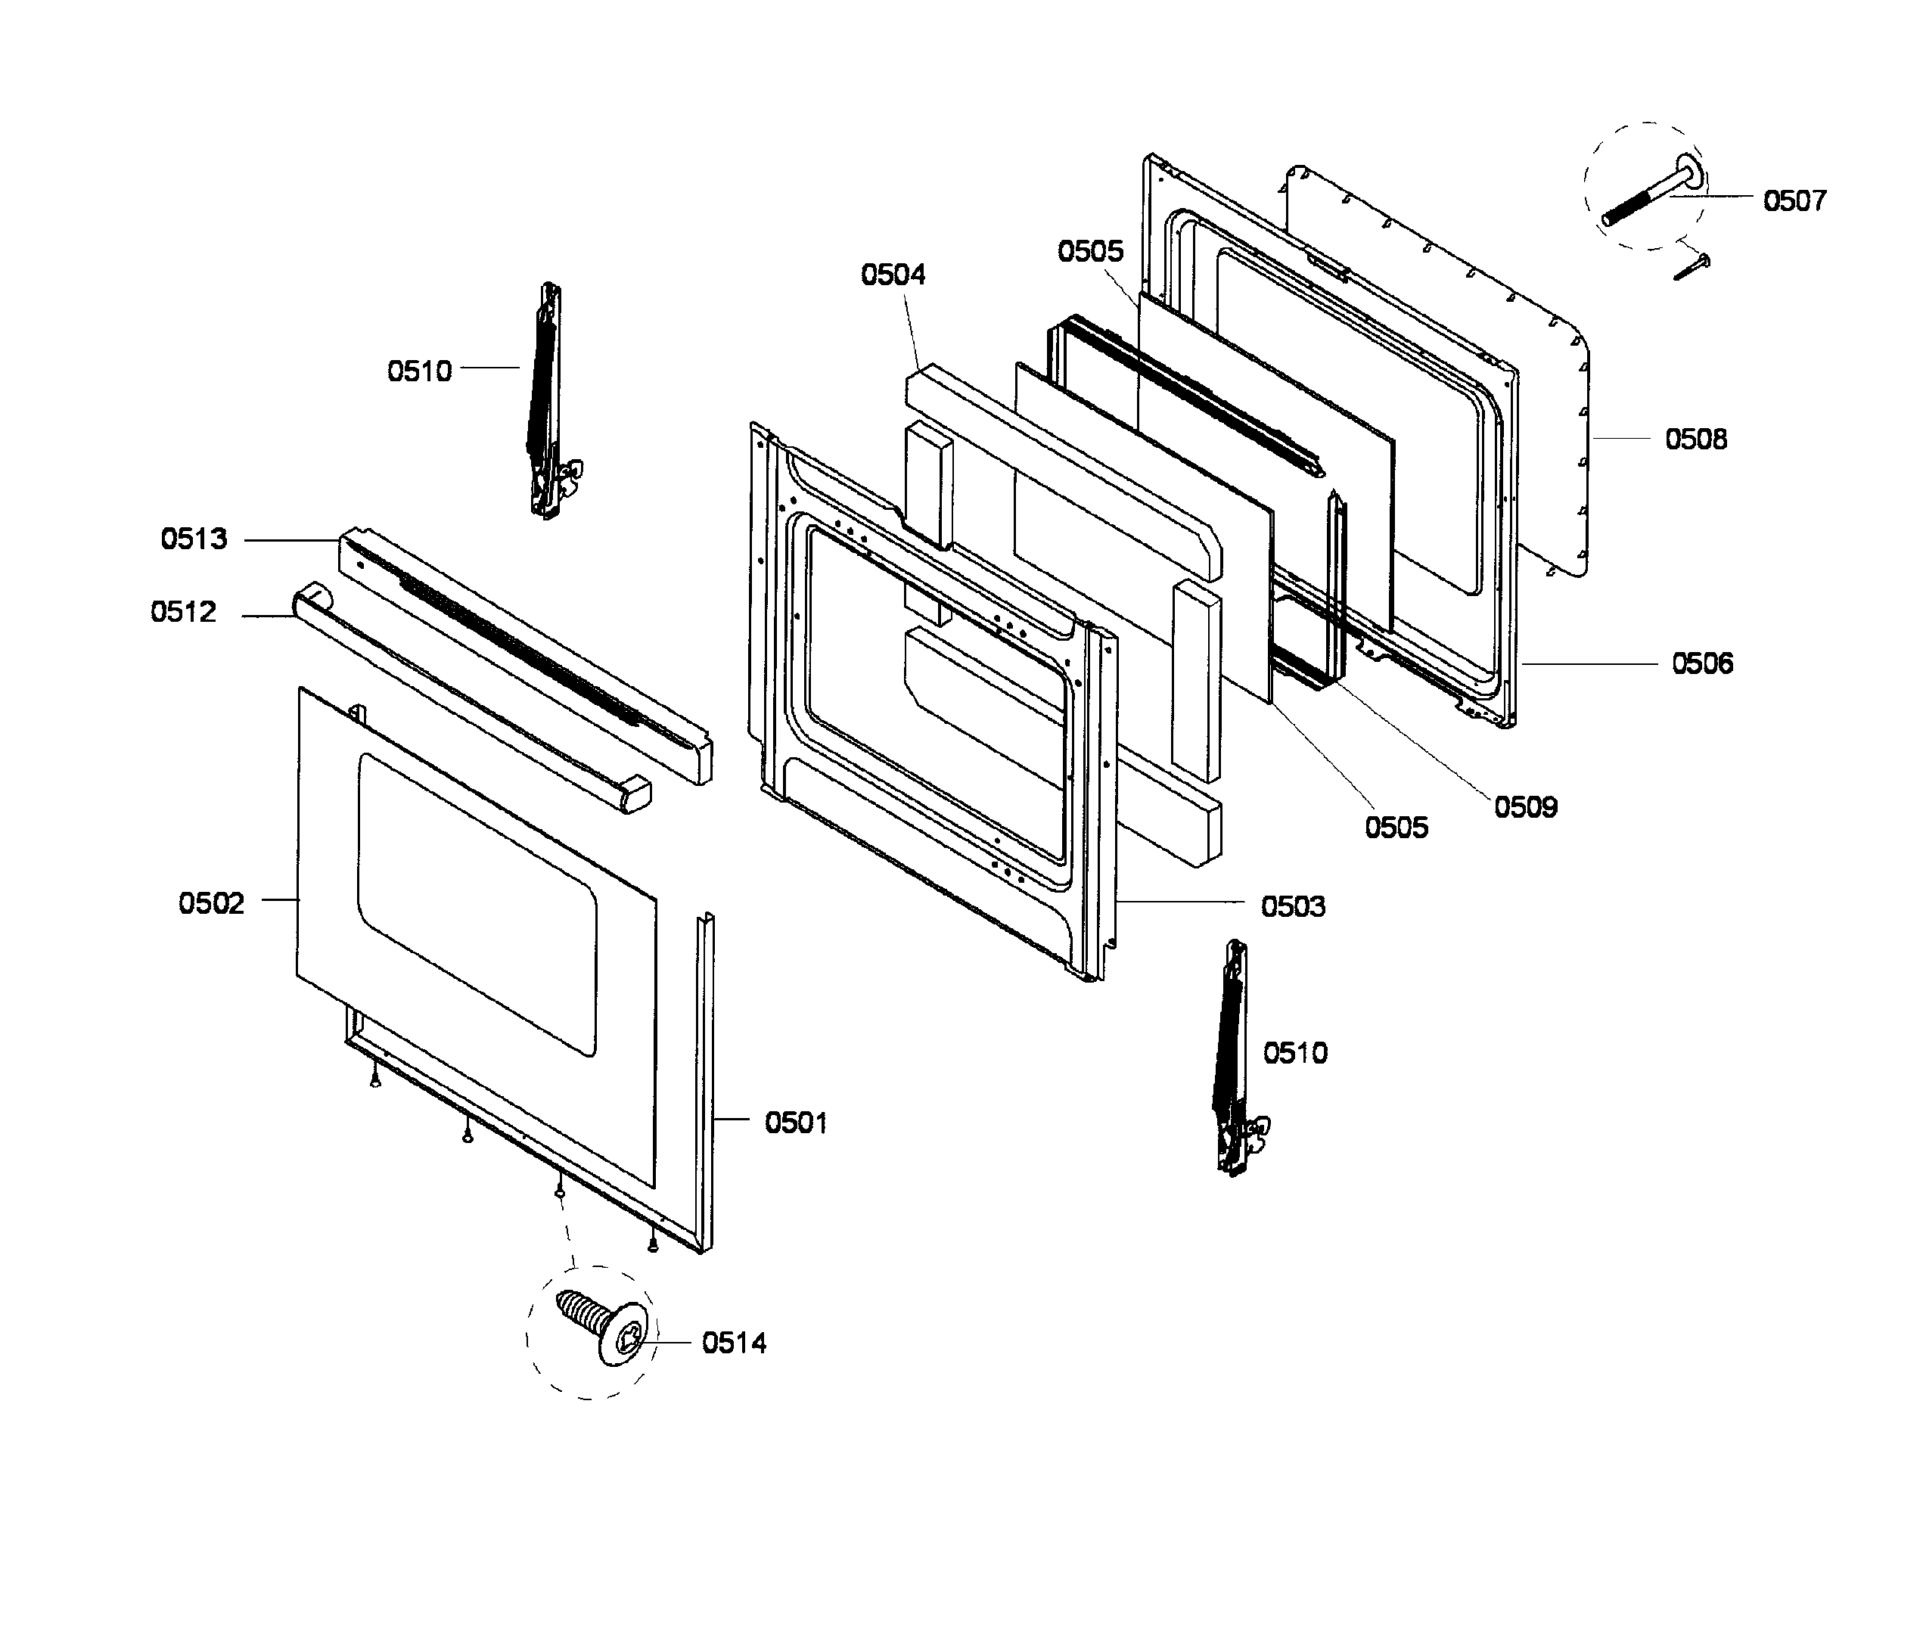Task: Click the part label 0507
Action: (x=1793, y=200)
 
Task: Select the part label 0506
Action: (x=1701, y=663)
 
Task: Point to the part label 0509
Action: (x=1525, y=806)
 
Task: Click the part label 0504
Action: (x=893, y=275)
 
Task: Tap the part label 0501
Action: (x=795, y=1123)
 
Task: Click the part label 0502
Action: (x=210, y=903)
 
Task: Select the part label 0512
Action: (x=183, y=612)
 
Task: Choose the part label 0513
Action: (x=193, y=539)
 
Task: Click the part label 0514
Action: (x=733, y=1343)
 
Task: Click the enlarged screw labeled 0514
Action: (x=603, y=1329)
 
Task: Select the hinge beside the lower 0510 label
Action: (x=1235, y=1058)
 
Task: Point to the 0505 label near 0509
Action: (x=1396, y=827)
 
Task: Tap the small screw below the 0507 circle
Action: (x=1691, y=267)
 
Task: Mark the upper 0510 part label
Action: (x=418, y=371)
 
